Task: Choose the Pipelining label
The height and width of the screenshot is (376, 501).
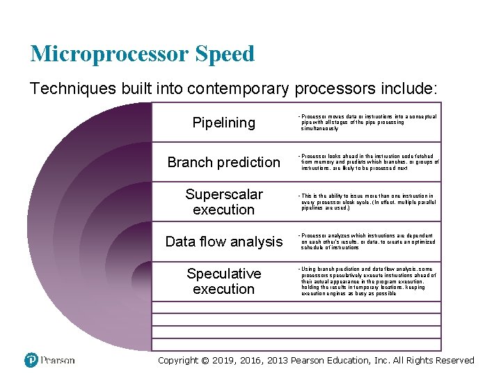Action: pyautogui.click(x=223, y=123)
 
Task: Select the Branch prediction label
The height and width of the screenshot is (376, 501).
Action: pyautogui.click(x=223, y=162)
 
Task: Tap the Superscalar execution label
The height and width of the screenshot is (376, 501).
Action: pyautogui.click(x=223, y=202)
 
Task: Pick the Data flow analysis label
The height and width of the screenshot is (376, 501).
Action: pyautogui.click(x=223, y=242)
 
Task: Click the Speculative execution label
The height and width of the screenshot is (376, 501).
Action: pyautogui.click(x=223, y=281)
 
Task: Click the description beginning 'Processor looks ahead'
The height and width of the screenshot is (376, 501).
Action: pyautogui.click(x=369, y=162)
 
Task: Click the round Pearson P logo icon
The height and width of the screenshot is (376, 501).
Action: pyautogui.click(x=31, y=360)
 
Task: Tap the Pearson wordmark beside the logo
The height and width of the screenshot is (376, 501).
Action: pyautogui.click(x=58, y=361)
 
